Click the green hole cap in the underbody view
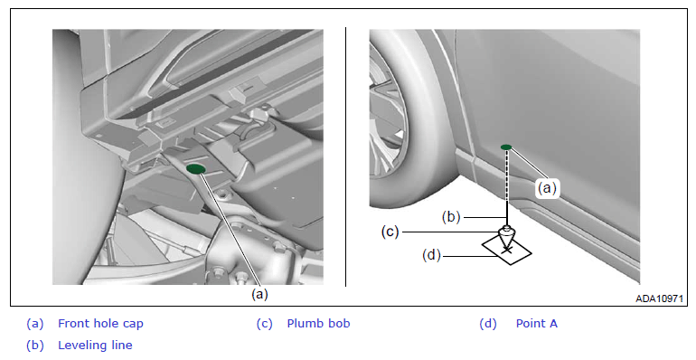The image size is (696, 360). tap(196, 169)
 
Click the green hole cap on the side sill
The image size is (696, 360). tap(506, 147)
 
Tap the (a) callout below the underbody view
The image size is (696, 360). tap(260, 294)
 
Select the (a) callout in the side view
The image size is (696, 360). tap(547, 188)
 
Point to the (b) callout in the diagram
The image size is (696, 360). tap(451, 217)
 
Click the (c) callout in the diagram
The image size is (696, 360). tap(390, 232)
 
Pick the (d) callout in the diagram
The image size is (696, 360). tap(431, 256)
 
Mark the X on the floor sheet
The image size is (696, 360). tap(506, 252)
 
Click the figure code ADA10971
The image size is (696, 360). tap(659, 298)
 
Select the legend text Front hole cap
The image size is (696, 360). tap(100, 324)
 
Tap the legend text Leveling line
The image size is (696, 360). tap(95, 346)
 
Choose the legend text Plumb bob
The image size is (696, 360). tap(318, 324)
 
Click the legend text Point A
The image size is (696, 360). tap(536, 324)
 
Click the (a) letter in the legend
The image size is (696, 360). tap(35, 324)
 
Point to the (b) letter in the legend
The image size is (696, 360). tap(35, 346)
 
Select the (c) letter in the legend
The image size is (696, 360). tap(264, 324)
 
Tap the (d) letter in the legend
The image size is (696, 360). tap(488, 324)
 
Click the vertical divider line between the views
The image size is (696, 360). tap(346, 156)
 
